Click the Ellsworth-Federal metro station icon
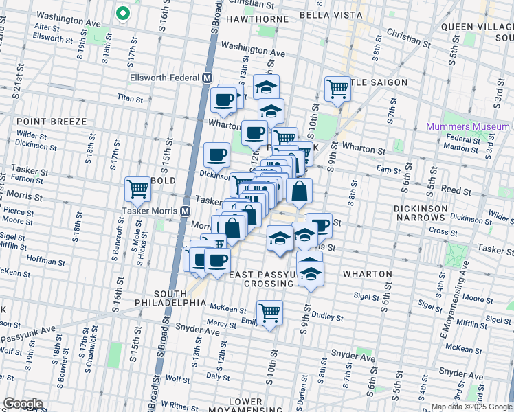click(206, 78)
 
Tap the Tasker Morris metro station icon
click(185, 211)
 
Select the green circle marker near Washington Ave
click(123, 13)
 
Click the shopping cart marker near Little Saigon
click(337, 88)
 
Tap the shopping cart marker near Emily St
click(270, 312)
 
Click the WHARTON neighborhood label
click(368, 273)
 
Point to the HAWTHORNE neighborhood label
click(256, 14)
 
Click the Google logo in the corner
click(23, 404)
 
